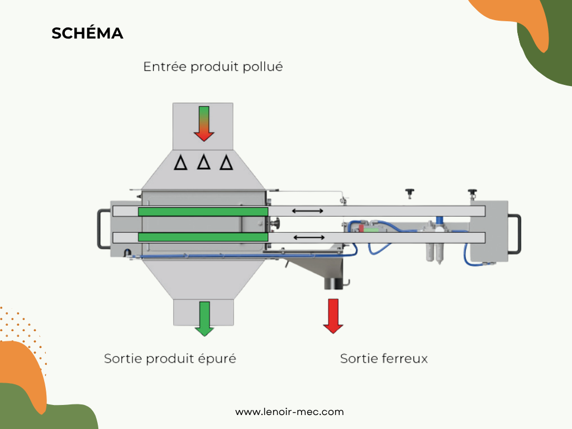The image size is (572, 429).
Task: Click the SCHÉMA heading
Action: (x=87, y=34)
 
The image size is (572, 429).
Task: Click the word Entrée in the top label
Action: (x=164, y=67)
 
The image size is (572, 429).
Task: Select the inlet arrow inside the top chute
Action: (x=204, y=123)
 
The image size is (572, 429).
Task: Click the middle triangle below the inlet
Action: (x=204, y=162)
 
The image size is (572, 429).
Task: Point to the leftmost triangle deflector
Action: (x=180, y=163)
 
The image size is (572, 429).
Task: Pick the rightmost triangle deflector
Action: (x=226, y=163)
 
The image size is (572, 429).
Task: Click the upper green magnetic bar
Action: (x=203, y=212)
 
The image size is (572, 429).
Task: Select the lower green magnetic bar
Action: (x=203, y=237)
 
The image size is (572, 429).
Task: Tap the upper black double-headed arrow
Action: (x=308, y=211)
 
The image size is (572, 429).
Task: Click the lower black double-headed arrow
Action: (x=308, y=237)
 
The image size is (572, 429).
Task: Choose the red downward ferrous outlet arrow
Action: (x=333, y=316)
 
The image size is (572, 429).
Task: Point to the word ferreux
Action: (x=404, y=359)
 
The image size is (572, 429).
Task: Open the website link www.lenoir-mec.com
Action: (x=289, y=412)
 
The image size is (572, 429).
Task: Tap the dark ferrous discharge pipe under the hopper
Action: (x=333, y=283)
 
